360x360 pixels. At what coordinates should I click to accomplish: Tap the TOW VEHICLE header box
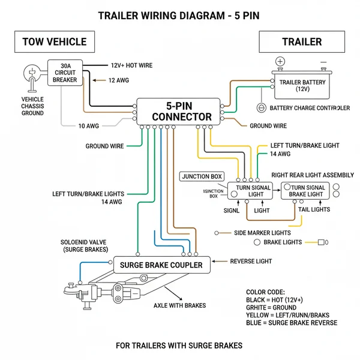pyautogui.click(x=54, y=42)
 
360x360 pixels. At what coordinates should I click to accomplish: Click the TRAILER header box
pyautogui.click(x=302, y=42)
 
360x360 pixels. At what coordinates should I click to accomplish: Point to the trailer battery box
pyautogui.click(x=304, y=85)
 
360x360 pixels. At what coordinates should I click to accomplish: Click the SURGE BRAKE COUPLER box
pyautogui.click(x=161, y=265)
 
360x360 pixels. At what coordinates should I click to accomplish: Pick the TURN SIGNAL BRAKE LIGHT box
pyautogui.click(x=306, y=191)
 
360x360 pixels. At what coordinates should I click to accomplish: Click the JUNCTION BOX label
pyautogui.click(x=202, y=176)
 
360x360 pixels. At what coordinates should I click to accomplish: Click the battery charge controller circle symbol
pyautogui.click(x=261, y=108)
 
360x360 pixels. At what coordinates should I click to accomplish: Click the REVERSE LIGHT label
pyautogui.click(x=251, y=262)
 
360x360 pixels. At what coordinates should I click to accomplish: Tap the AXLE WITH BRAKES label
pyautogui.click(x=179, y=305)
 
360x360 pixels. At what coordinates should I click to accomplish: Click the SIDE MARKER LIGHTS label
pyautogui.click(x=262, y=233)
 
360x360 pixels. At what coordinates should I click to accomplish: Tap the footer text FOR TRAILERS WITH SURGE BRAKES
pyautogui.click(x=179, y=346)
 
